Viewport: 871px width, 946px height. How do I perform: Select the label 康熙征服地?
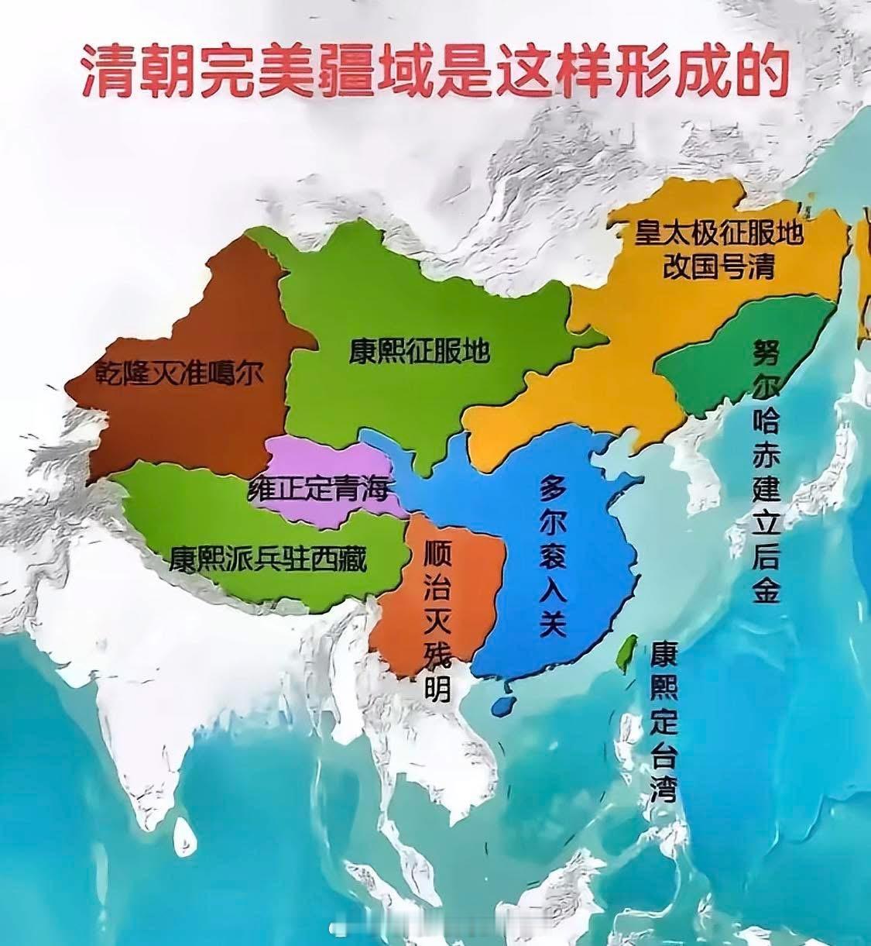pyautogui.click(x=419, y=352)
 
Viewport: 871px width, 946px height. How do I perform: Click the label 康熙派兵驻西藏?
pyautogui.click(x=268, y=557)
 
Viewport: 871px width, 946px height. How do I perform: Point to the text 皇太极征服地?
pyautogui.click(x=718, y=233)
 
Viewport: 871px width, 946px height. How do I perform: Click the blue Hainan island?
pyautogui.click(x=502, y=703)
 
